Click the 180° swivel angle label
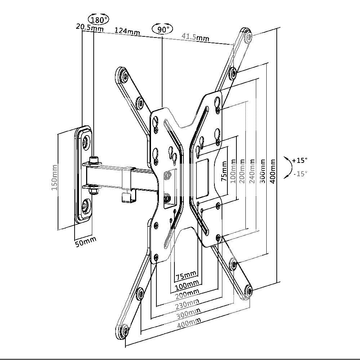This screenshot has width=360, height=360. point(98,19)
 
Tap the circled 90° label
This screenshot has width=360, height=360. point(162,29)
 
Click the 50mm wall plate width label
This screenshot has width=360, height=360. point(85,241)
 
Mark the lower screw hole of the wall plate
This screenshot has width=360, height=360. point(86,207)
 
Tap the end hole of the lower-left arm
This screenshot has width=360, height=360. point(125,330)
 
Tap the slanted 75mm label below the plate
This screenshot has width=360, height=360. point(186,276)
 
